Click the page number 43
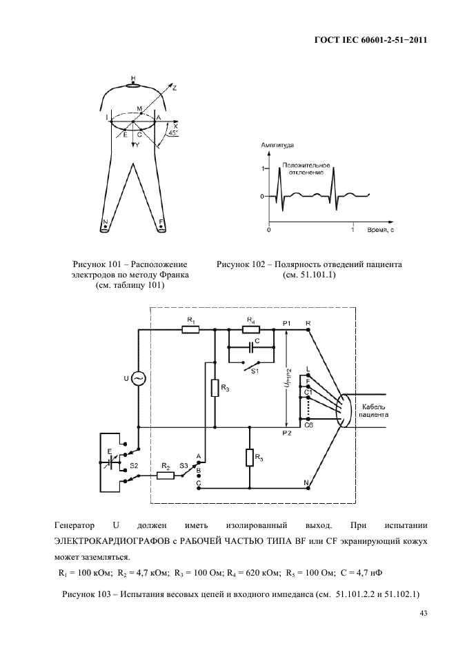[422, 613]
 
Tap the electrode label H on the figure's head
[133, 77]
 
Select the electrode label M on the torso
[139, 109]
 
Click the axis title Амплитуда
[277, 147]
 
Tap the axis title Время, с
[379, 228]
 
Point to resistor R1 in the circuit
[190, 330]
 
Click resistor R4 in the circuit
[250, 330]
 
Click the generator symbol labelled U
[138, 379]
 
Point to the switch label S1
[254, 371]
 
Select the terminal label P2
[287, 433]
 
